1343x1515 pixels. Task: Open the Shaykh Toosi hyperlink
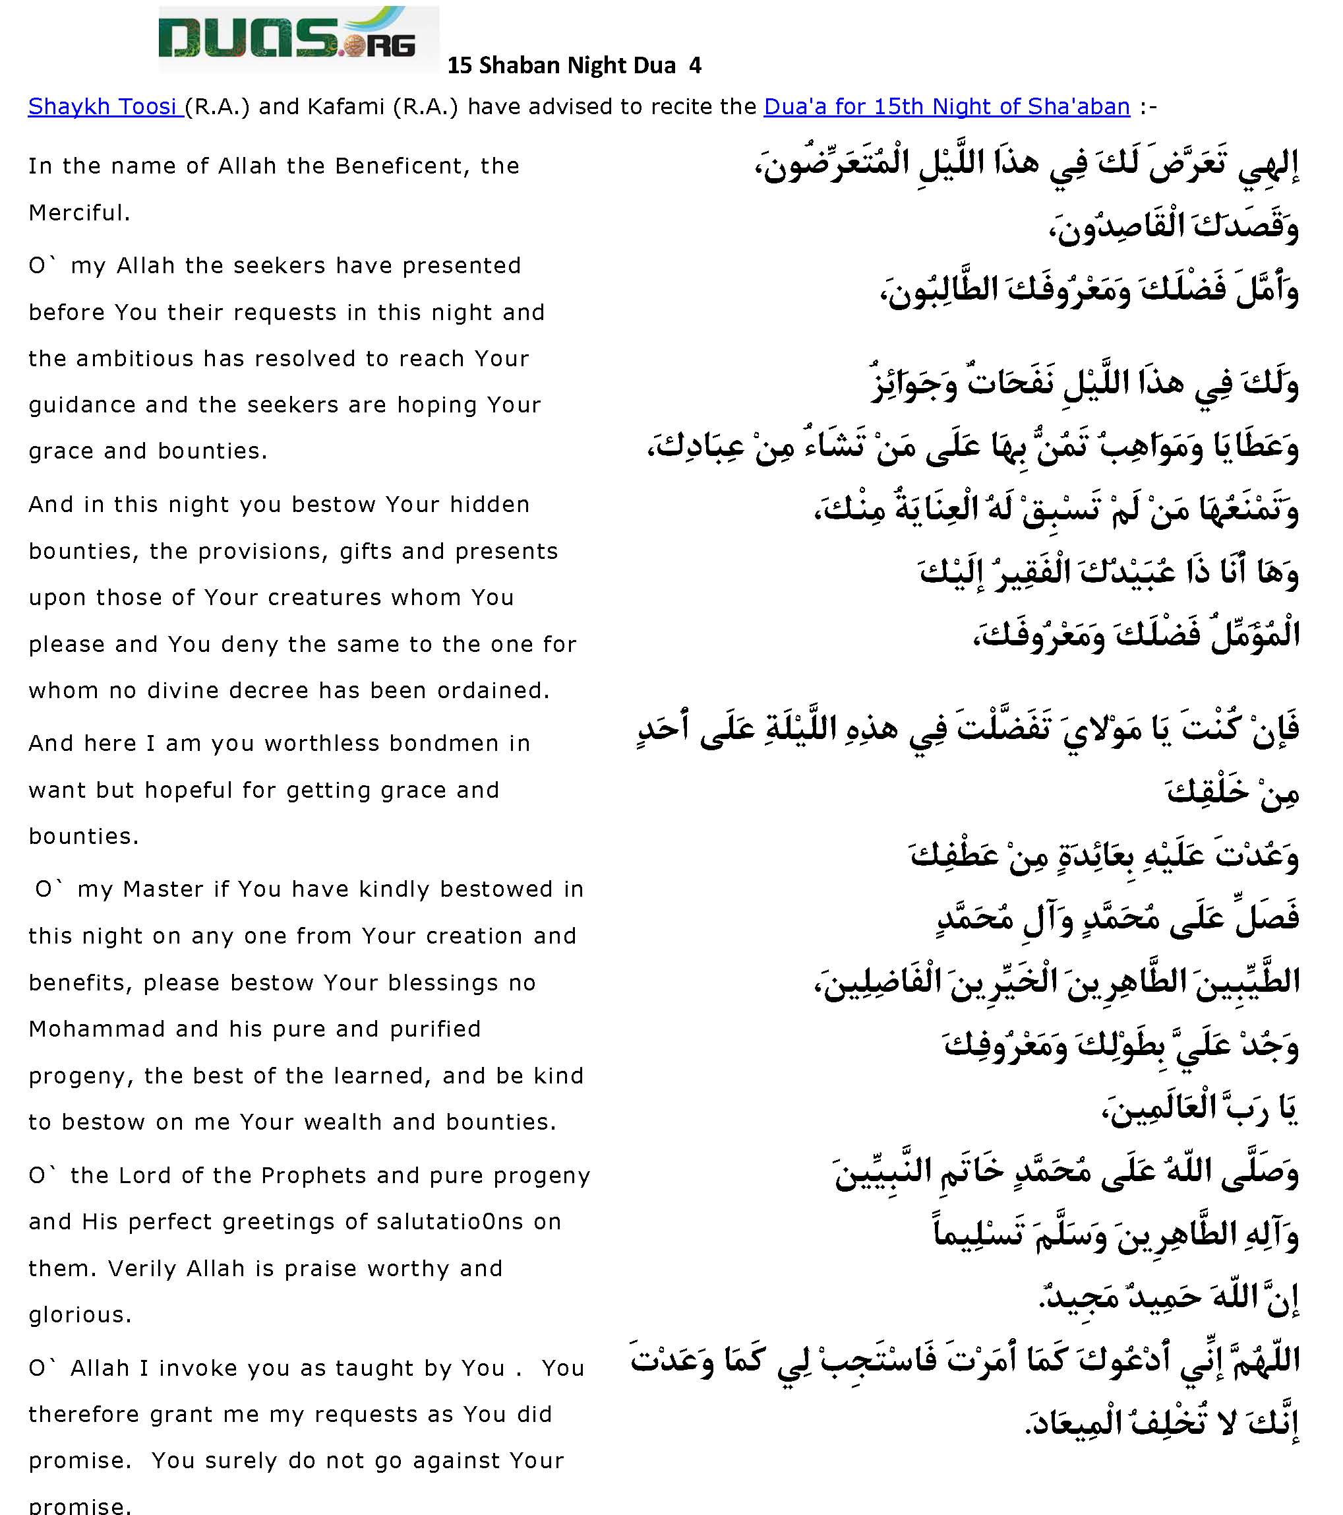pos(105,107)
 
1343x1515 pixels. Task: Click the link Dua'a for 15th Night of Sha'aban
pos(946,107)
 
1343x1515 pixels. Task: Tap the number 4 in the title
pos(695,66)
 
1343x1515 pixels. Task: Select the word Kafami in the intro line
pos(346,107)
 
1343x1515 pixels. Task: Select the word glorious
pos(80,1315)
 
